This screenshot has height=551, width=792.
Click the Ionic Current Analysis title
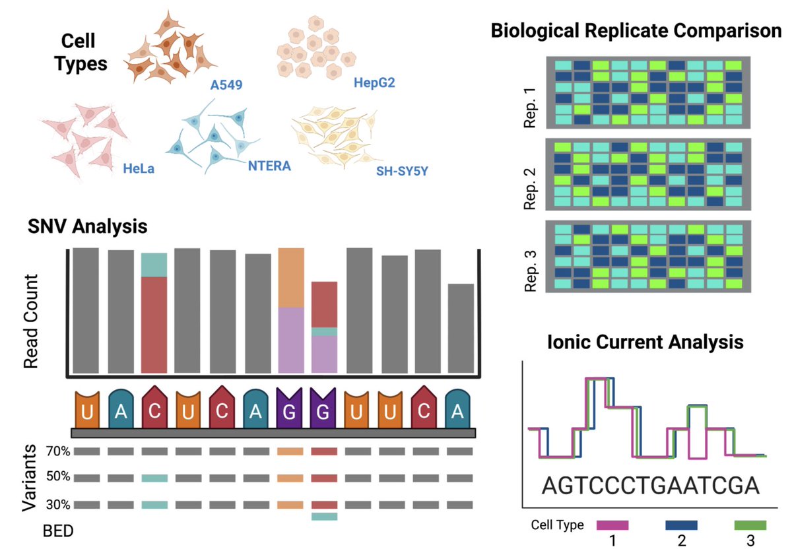(645, 342)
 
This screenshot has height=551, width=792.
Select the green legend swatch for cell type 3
(750, 525)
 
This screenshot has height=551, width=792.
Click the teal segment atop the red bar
(154, 265)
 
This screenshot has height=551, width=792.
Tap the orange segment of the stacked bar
(291, 278)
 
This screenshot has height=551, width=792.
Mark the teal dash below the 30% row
(324, 517)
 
